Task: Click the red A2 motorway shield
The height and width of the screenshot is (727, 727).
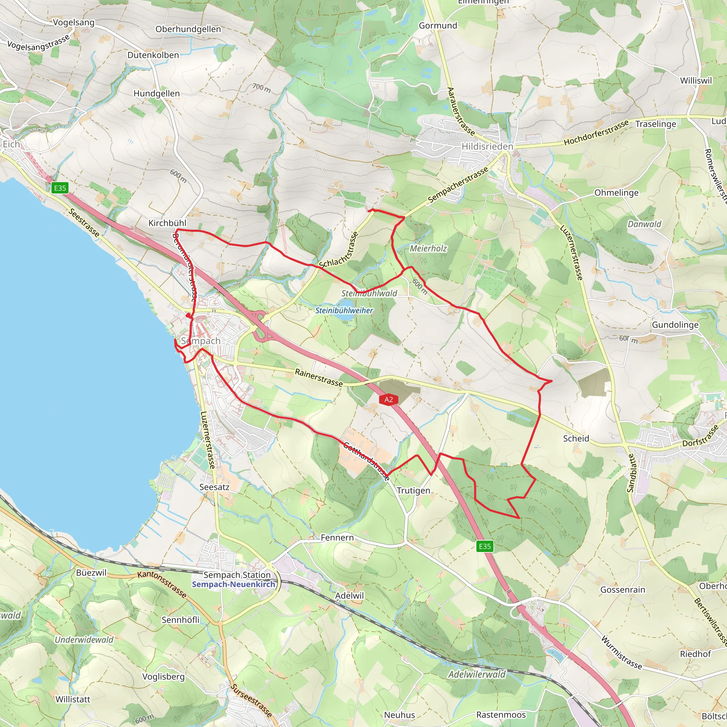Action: pos(388,400)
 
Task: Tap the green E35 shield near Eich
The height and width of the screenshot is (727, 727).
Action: pos(60,188)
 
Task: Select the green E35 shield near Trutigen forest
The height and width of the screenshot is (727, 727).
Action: pos(485,546)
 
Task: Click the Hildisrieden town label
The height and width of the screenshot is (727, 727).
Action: pos(487,146)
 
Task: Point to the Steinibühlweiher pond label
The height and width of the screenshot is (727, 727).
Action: pos(344,311)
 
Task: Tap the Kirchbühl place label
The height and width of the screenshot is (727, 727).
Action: pos(167,223)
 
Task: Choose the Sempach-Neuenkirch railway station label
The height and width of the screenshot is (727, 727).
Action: pos(233,584)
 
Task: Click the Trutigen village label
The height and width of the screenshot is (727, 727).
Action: pos(413,491)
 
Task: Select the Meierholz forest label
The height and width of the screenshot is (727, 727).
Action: pos(428,248)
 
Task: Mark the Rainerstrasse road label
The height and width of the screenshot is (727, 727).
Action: pos(319,377)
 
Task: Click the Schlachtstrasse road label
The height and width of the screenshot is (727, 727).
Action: pos(339,250)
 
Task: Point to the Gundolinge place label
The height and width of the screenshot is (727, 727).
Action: pos(675,325)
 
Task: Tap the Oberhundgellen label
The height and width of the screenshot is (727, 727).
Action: pos(188,29)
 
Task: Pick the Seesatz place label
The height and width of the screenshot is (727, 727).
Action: pos(214,487)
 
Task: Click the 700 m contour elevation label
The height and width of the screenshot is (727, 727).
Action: pos(261,88)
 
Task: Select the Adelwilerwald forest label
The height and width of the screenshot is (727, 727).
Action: pos(477,674)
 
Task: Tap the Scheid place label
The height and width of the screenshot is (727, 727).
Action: pos(576,438)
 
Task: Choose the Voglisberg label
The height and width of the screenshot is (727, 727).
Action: pos(163,677)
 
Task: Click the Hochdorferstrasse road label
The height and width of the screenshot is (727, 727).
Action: pos(596,133)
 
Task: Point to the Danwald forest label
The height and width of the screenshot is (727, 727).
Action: pos(644,224)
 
